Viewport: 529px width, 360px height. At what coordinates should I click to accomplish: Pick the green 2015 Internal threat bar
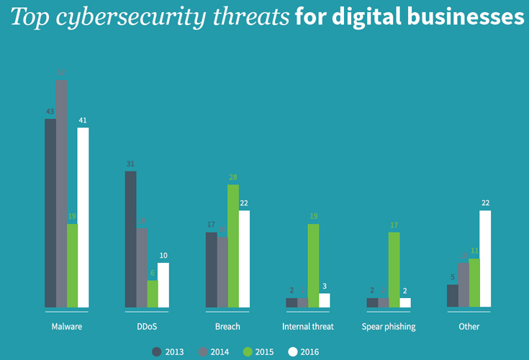pos(313,266)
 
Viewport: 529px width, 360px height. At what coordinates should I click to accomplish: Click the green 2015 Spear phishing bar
pos(394,270)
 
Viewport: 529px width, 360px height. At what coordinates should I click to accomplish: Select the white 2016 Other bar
pos(485,259)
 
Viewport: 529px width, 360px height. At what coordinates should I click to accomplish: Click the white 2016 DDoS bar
pos(163,285)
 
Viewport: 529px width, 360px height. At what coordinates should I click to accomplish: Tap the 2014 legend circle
pos(202,351)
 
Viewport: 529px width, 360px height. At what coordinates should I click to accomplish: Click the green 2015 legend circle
pos(248,351)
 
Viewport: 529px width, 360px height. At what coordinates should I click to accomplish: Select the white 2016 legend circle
pos(293,351)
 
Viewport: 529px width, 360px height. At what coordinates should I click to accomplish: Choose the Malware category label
pos(66,327)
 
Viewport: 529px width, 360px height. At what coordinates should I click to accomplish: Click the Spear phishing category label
pos(389,327)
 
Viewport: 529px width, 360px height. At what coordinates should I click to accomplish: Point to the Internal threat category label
pos(308,327)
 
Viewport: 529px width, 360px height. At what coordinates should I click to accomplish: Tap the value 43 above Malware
pos(50,112)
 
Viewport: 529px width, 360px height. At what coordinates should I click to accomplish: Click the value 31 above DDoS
pos(130,164)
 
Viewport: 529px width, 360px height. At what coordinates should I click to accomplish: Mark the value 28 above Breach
pos(233,177)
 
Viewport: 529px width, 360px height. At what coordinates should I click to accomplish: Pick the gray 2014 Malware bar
pos(61,194)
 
